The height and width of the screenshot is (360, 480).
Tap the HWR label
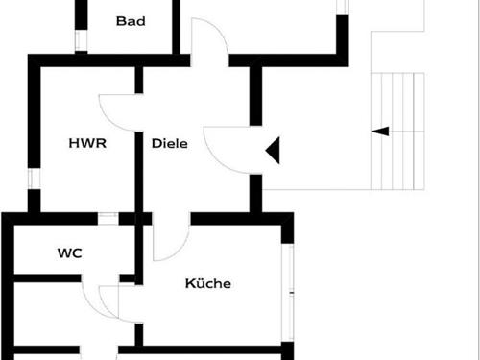pos(86,143)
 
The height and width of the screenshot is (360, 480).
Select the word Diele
pos(169,143)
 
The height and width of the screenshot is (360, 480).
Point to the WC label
pos(69,253)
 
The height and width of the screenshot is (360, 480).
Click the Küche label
pos(208,283)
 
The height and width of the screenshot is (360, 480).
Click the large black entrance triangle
pos(273,149)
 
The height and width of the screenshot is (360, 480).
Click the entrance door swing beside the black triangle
pos(224,146)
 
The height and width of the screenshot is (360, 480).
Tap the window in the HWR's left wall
pos(33,178)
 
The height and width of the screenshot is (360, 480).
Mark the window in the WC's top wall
pos(108,218)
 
